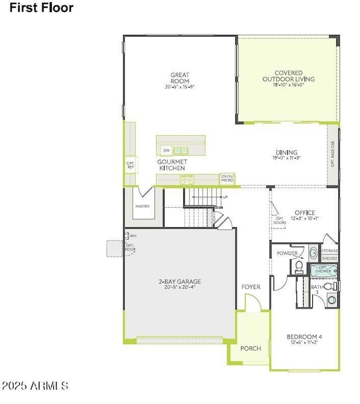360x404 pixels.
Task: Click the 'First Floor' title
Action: [41, 8]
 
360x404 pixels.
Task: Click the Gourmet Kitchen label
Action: [172, 165]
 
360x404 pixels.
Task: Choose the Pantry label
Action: [142, 206]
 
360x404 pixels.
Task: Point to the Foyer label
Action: [251, 287]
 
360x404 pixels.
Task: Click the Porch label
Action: [250, 349]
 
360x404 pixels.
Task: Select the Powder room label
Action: [287, 254]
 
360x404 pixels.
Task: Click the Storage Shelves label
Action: [330, 254]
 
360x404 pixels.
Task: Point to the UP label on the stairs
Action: [225, 197]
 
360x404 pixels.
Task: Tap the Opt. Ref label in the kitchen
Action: [131, 165]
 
